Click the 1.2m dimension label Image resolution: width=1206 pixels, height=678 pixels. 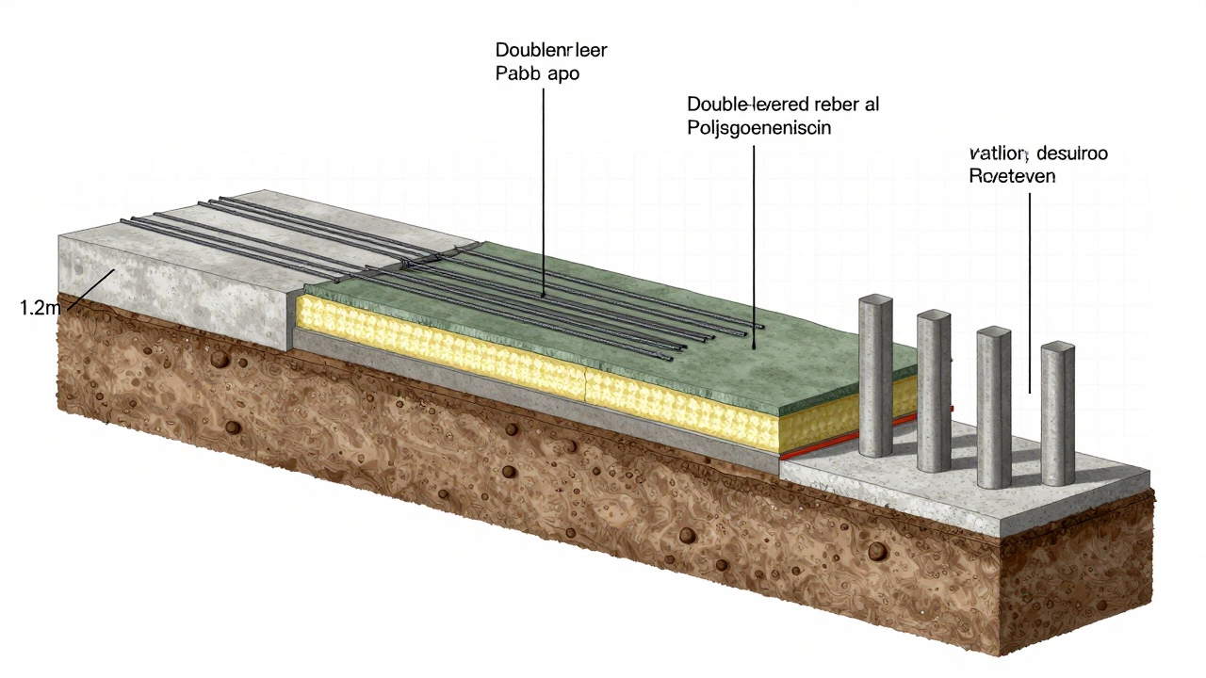pyautogui.click(x=39, y=307)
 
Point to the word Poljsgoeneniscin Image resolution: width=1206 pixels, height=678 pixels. pyautogui.click(x=759, y=128)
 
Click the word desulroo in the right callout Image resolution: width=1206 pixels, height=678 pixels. pyautogui.click(x=1071, y=153)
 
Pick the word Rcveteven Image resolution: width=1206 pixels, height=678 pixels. pyautogui.click(x=1013, y=176)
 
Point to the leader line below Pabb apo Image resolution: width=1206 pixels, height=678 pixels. pyautogui.click(x=544, y=188)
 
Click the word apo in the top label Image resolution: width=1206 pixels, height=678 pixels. pyautogui.click(x=559, y=73)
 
